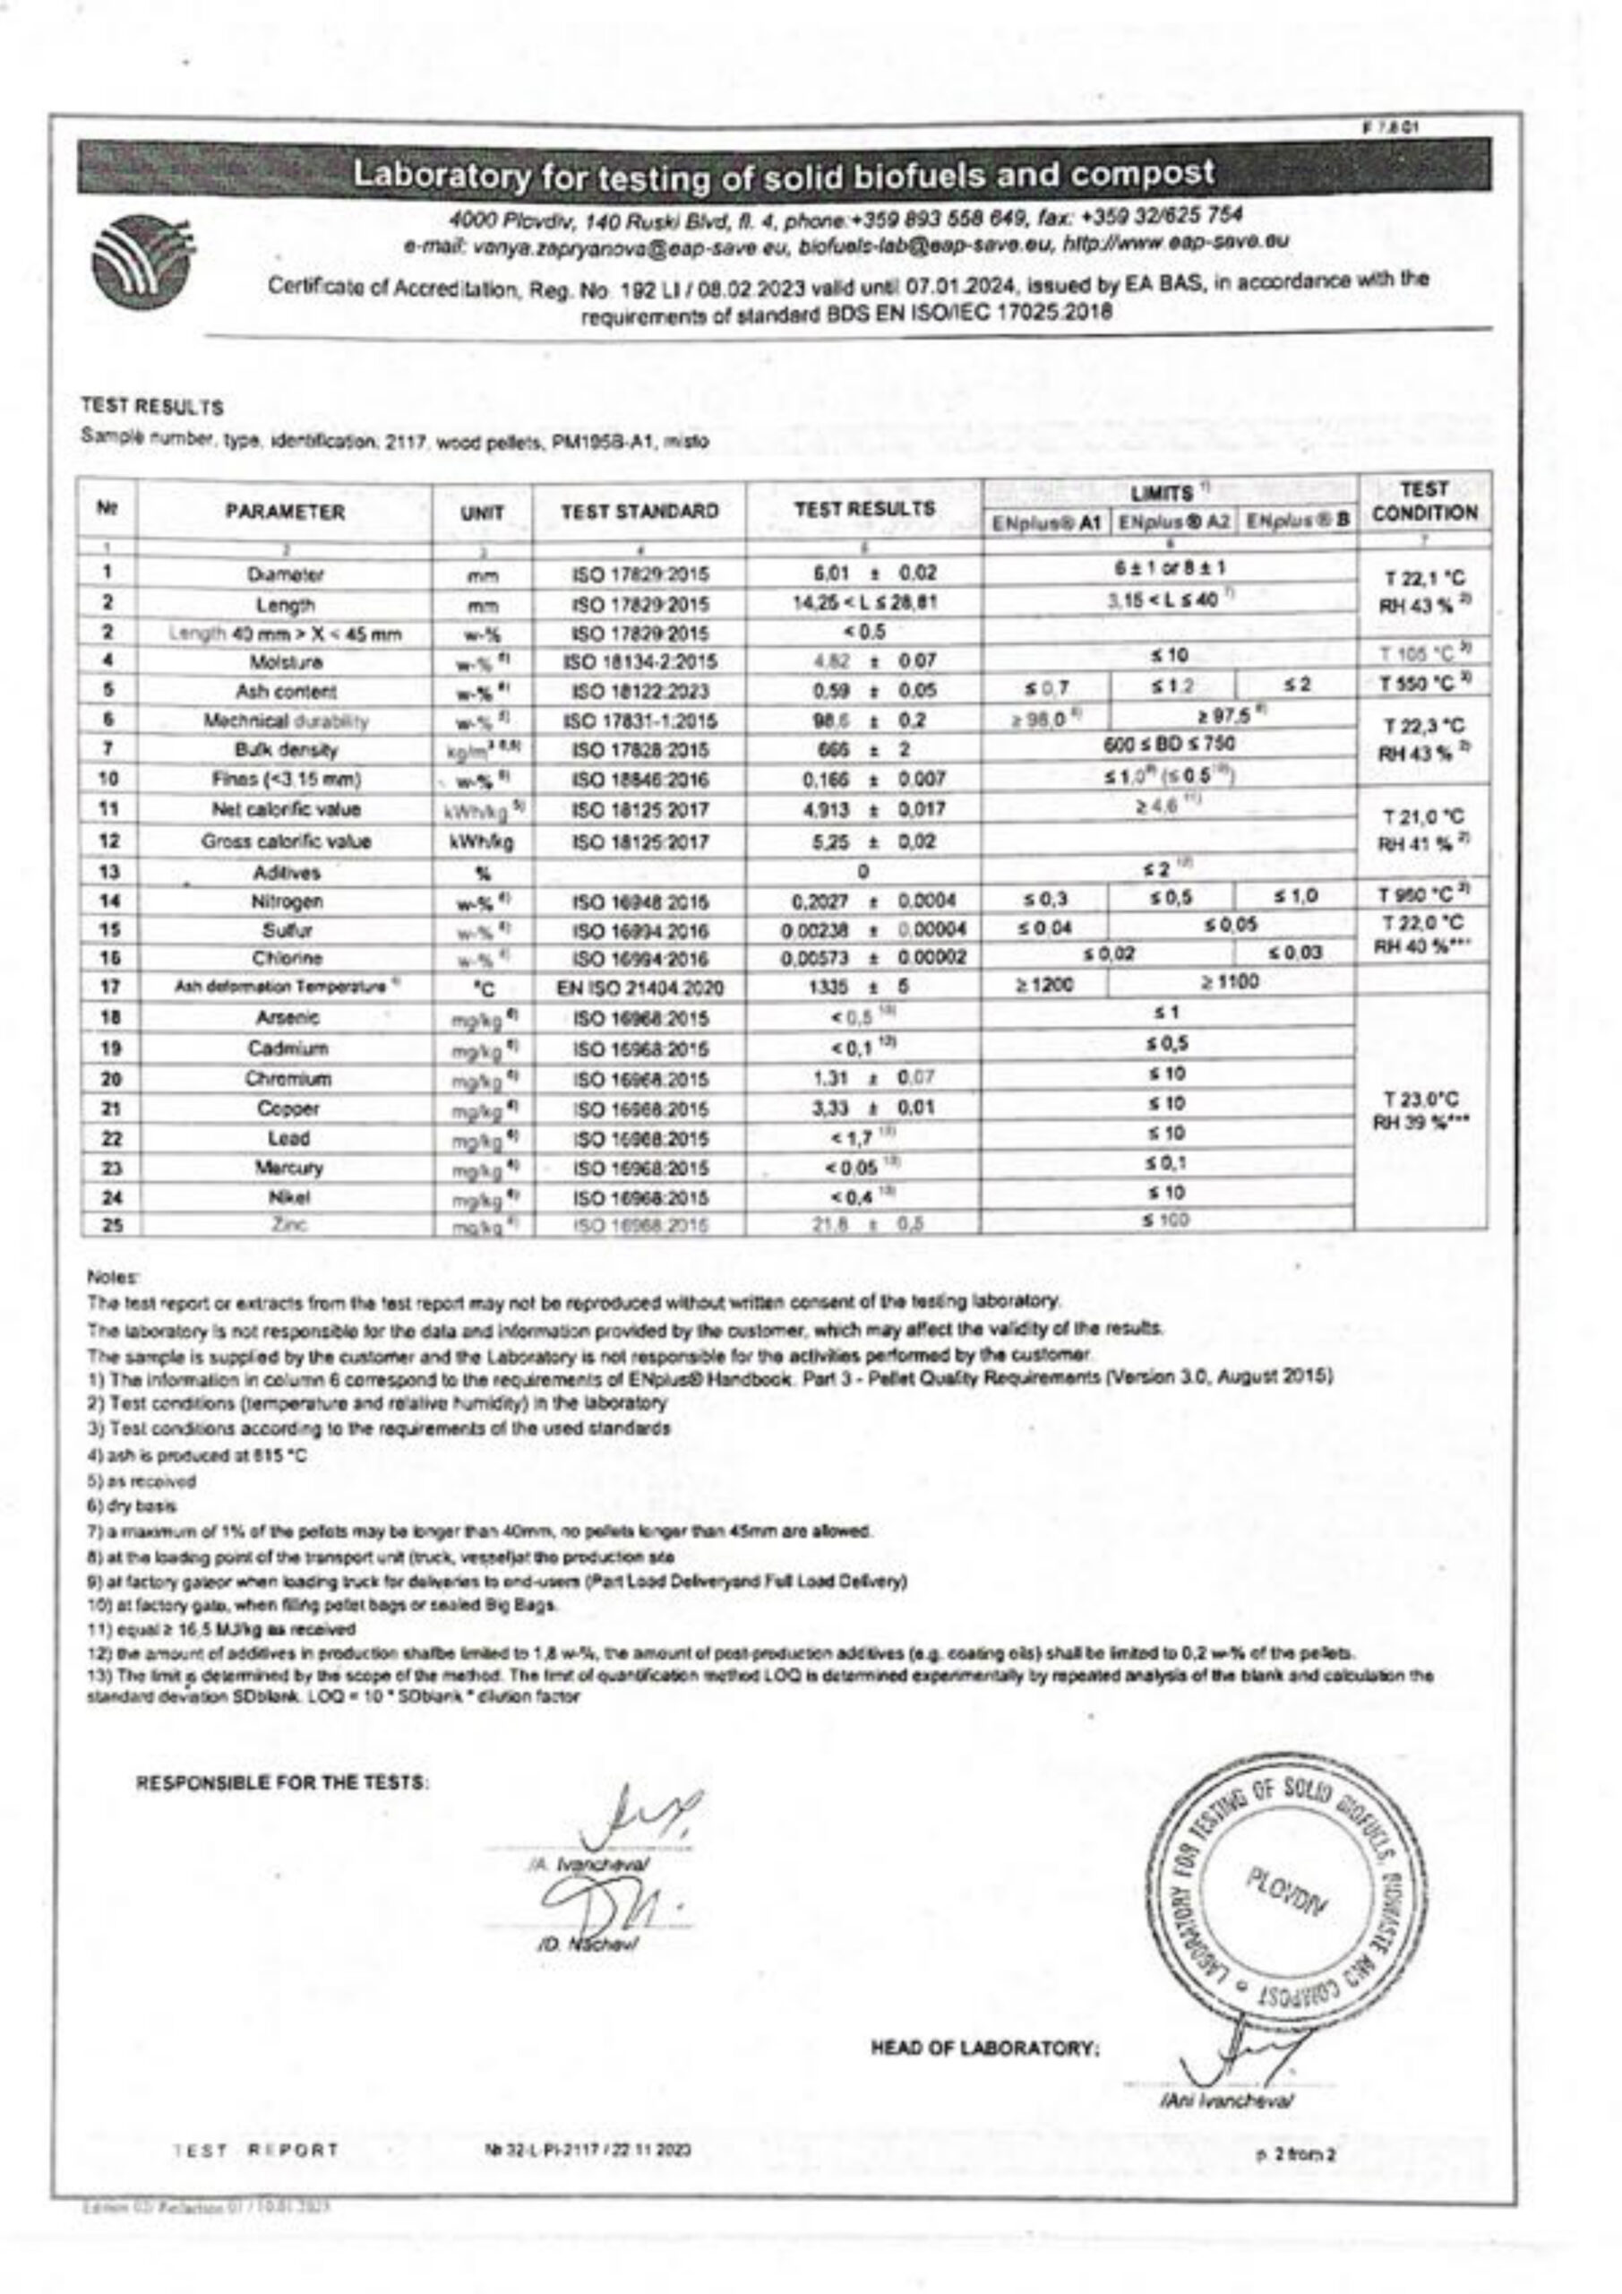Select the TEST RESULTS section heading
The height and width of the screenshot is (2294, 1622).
(152, 408)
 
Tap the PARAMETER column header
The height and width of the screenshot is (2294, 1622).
(284, 513)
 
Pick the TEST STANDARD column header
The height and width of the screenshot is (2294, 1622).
(639, 512)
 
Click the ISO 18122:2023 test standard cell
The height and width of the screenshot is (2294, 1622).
(640, 690)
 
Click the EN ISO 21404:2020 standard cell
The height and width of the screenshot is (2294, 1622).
(640, 988)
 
